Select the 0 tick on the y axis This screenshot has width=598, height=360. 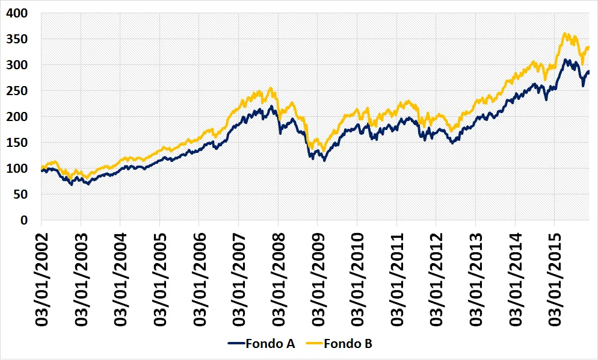(24, 221)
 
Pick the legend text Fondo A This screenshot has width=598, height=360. (270, 344)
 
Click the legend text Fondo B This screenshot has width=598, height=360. (348, 344)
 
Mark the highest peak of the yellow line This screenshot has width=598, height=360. (564, 34)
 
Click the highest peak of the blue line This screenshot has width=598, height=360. (565, 60)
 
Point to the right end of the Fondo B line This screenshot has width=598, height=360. (588, 47)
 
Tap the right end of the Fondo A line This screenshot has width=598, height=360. (588, 72)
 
